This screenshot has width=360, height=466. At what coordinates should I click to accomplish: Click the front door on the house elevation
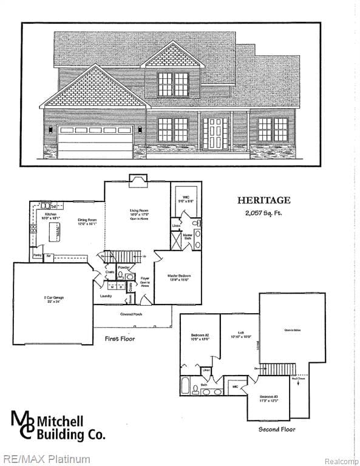click(x=216, y=133)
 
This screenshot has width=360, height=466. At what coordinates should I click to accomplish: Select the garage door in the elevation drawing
click(x=95, y=142)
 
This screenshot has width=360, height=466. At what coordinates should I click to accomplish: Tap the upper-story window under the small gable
click(x=173, y=84)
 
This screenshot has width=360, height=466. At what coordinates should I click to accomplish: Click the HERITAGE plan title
click(x=263, y=200)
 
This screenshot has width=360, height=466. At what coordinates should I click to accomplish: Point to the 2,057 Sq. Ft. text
click(x=263, y=212)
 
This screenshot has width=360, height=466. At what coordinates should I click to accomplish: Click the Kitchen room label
click(x=50, y=214)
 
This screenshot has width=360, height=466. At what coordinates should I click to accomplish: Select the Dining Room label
click(x=87, y=222)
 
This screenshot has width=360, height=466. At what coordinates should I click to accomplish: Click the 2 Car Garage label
click(x=53, y=298)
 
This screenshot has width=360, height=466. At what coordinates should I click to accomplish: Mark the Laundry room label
click(x=106, y=296)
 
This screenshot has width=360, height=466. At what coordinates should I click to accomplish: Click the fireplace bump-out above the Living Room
click(x=137, y=178)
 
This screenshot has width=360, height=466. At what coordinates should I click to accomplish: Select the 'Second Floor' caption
click(x=277, y=429)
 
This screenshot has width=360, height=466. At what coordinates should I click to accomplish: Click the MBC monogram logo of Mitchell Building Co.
click(x=23, y=424)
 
